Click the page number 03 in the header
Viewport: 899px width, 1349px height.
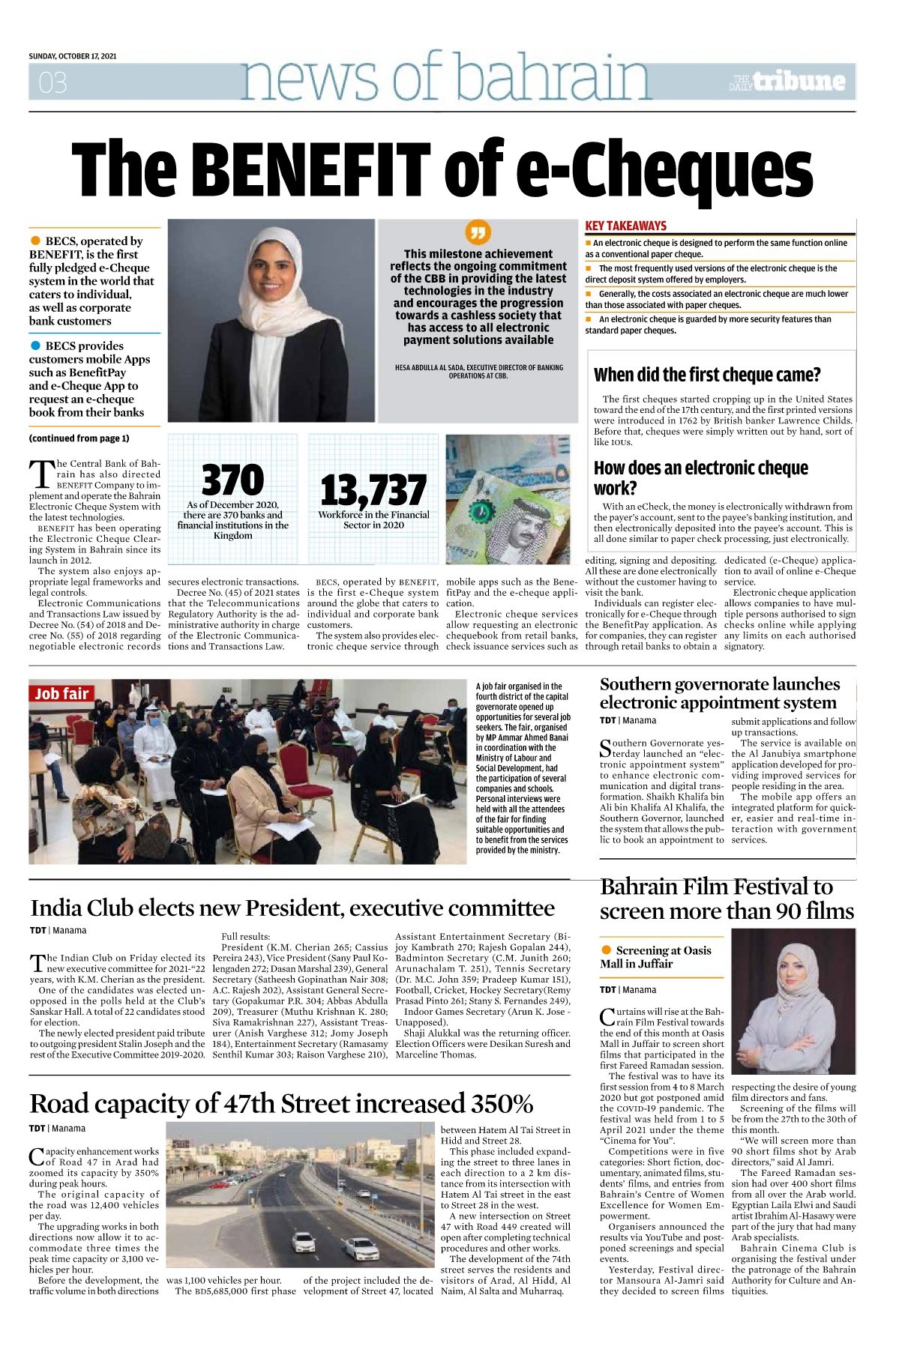52,82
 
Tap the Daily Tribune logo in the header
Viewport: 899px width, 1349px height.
787,82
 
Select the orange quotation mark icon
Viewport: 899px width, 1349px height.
478,232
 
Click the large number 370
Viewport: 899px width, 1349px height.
232,480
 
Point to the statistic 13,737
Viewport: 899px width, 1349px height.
373,491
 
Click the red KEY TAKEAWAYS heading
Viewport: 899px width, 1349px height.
625,226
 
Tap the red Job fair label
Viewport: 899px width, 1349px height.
61,694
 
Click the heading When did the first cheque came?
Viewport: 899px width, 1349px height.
707,375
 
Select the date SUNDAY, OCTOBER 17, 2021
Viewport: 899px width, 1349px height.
73,56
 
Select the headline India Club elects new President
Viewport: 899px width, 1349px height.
292,908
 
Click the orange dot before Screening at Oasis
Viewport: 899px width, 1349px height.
607,950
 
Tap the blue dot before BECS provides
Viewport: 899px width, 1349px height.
35,345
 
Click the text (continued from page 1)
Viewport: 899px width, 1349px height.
79,438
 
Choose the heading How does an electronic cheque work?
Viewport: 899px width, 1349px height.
700,478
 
